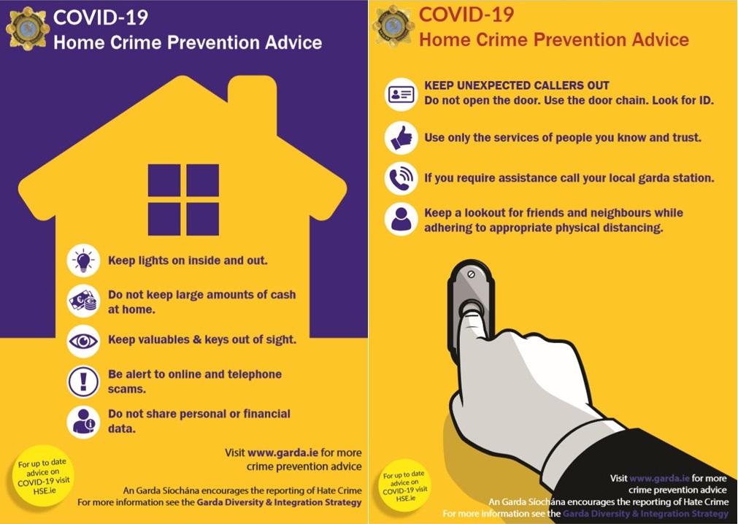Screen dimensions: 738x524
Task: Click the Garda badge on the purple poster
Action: click(x=28, y=28)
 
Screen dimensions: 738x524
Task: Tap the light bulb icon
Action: click(x=83, y=260)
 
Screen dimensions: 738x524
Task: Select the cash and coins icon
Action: click(x=83, y=301)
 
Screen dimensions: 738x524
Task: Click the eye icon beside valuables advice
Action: click(x=83, y=341)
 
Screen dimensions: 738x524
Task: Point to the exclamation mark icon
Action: click(x=83, y=382)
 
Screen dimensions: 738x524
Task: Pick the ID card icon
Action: click(x=401, y=94)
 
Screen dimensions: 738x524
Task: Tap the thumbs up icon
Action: click(x=401, y=138)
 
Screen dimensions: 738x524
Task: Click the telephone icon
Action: click(x=401, y=178)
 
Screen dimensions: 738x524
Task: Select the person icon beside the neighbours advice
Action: click(x=401, y=219)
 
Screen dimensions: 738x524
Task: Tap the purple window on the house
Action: click(x=183, y=199)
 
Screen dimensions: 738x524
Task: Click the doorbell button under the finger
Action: click(x=471, y=308)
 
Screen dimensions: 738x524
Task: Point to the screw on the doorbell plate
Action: click(x=471, y=274)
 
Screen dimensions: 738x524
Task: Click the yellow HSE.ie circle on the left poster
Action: click(x=43, y=476)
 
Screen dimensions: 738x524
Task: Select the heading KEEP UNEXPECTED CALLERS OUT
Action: click(x=517, y=85)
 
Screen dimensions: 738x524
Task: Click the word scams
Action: click(x=127, y=390)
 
